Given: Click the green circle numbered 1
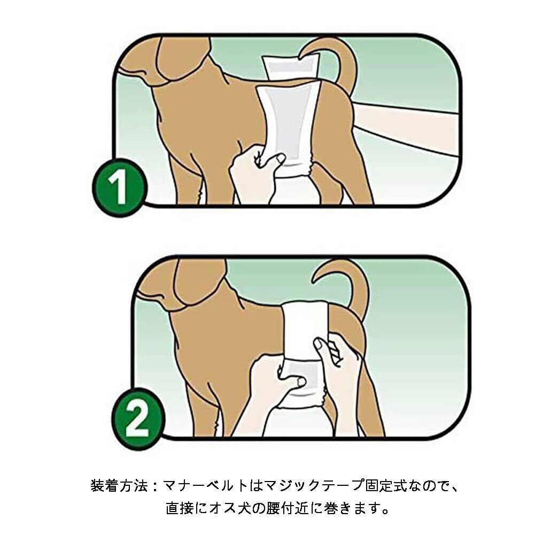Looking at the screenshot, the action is click(120, 188).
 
